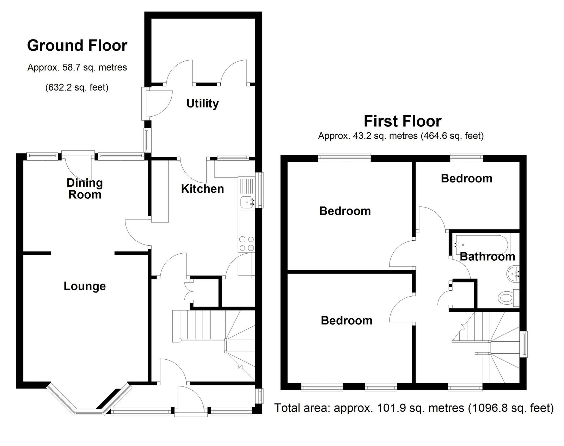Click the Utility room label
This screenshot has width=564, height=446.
(x=202, y=104)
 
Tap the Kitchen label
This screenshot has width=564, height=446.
(x=202, y=189)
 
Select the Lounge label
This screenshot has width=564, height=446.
(x=85, y=286)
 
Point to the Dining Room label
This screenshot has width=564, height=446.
(x=85, y=188)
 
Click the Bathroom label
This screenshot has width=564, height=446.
(x=488, y=257)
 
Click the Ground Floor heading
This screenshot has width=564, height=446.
(x=77, y=45)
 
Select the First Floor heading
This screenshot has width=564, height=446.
(x=403, y=121)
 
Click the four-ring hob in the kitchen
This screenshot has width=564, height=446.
(x=247, y=243)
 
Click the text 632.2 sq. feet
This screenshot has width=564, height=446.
(x=77, y=87)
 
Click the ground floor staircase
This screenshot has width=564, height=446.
(x=214, y=346)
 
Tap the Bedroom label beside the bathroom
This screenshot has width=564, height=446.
(x=466, y=179)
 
